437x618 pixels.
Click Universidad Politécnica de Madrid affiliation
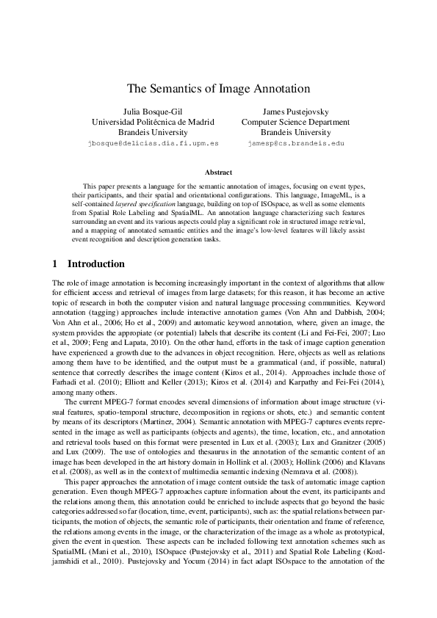coord(153,122)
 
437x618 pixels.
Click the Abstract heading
coord(218,172)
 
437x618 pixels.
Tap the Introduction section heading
coord(96,263)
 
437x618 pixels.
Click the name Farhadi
coord(67,383)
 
